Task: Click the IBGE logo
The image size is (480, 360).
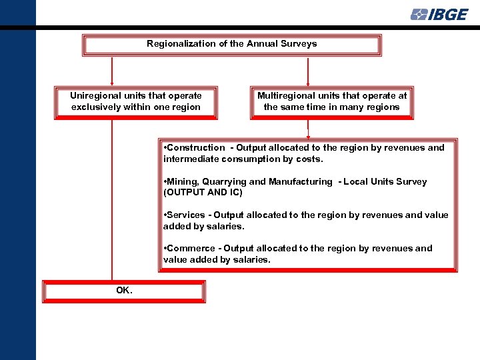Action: click(x=439, y=14)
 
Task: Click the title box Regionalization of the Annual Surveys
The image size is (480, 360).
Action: click(x=231, y=45)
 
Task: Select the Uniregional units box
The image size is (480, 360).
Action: click(x=135, y=102)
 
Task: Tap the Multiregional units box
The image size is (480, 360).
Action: click(x=331, y=102)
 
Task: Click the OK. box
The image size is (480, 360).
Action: click(x=124, y=291)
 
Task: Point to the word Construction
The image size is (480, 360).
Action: click(x=197, y=148)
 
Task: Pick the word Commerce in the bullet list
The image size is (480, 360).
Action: click(x=191, y=248)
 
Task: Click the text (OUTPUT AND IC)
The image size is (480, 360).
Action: click(x=203, y=193)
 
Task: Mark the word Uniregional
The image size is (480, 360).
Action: click(x=95, y=95)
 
